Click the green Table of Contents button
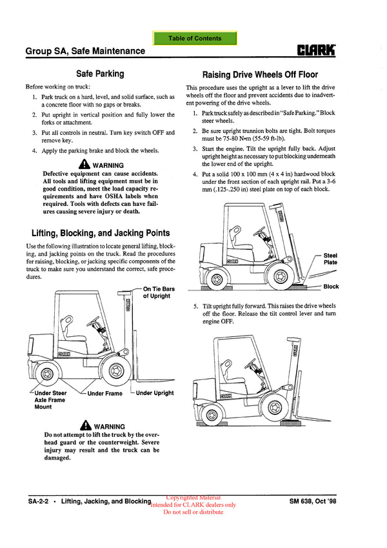click(x=195, y=39)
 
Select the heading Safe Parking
click(x=100, y=74)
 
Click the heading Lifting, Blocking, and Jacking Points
click(x=101, y=233)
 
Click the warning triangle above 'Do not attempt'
click(x=86, y=426)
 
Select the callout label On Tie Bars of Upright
click(x=157, y=292)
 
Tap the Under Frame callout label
click(x=104, y=393)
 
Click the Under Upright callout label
click(x=155, y=393)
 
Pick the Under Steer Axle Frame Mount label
click(x=50, y=400)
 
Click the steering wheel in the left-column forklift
click(x=92, y=321)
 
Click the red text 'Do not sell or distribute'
click(x=193, y=512)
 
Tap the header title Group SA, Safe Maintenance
click(x=85, y=51)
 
